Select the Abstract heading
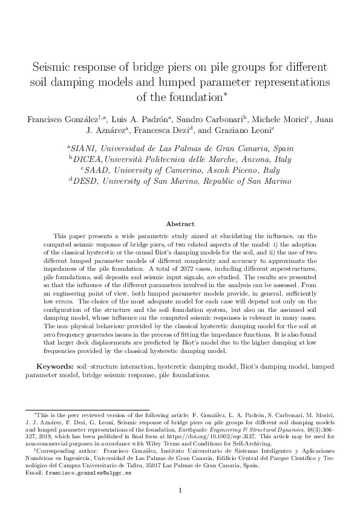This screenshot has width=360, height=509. click(180, 223)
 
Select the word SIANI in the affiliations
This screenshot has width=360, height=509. click(85, 148)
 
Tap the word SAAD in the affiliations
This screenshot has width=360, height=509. click(100, 170)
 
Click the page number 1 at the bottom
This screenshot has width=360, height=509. click(180, 490)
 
